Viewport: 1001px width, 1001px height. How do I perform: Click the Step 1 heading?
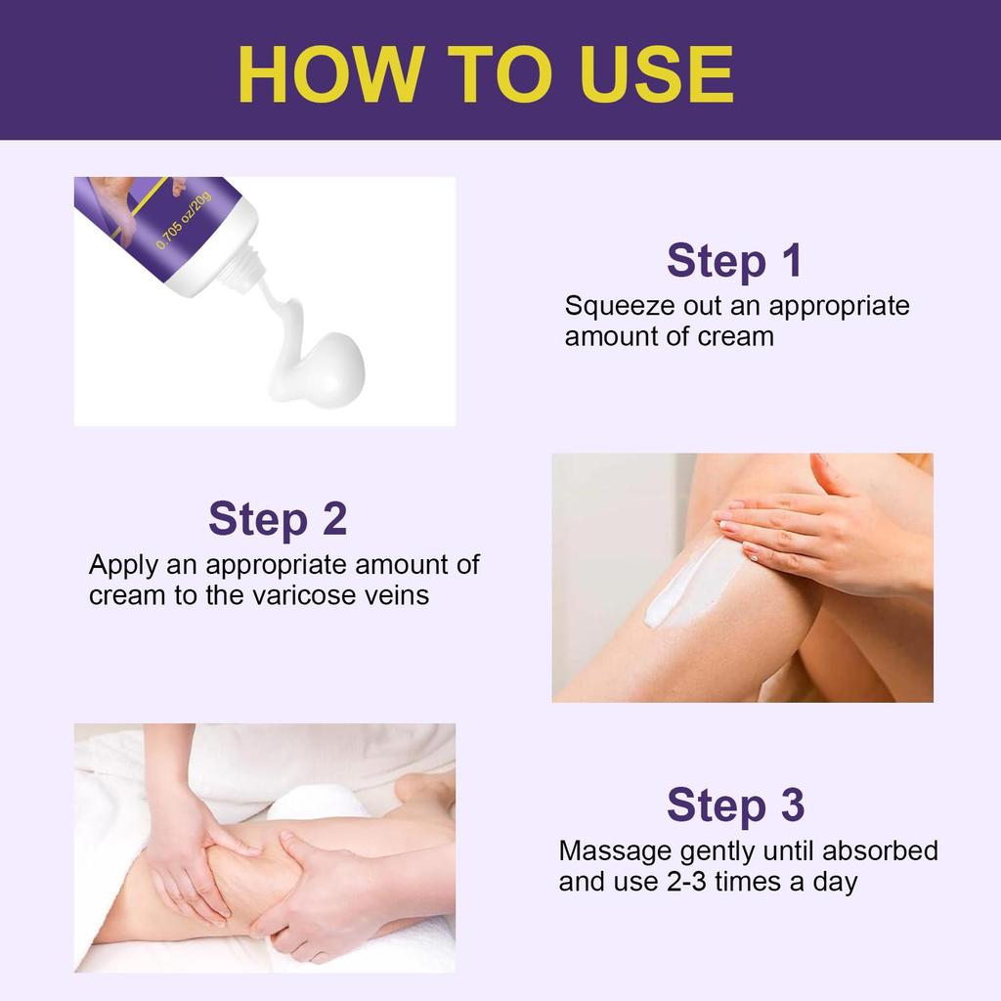coord(734,261)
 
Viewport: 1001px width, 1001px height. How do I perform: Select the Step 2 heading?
coord(278,519)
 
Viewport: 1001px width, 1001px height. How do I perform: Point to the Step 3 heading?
coord(735,805)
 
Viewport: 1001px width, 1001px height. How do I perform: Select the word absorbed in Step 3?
coord(880,850)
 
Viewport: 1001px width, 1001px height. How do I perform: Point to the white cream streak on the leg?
coord(684,587)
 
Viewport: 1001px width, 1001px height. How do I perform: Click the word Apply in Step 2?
coord(126,565)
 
